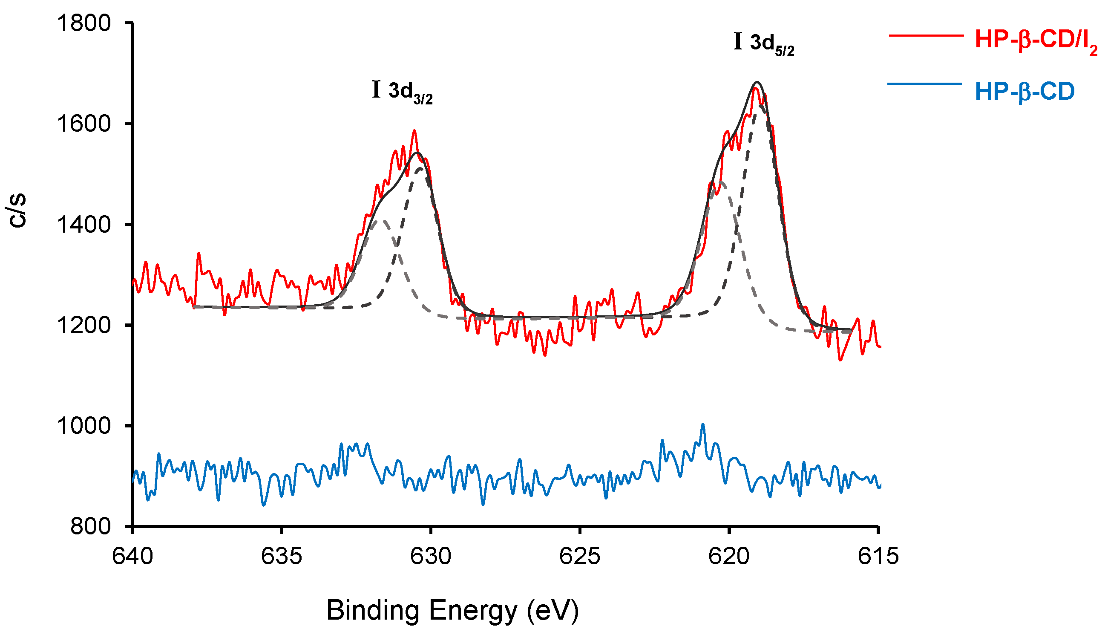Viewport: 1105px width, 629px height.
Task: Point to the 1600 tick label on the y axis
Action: click(84, 124)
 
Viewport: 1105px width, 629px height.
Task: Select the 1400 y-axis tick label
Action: click(84, 225)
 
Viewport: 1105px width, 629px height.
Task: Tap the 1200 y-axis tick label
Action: click(84, 325)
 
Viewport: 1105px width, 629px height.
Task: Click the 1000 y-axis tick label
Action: click(84, 426)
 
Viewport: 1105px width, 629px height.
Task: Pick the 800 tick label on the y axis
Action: click(90, 527)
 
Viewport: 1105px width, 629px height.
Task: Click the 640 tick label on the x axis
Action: click(132, 556)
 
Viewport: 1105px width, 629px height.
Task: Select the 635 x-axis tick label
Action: click(282, 556)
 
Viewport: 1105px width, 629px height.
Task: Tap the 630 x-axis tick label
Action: click(431, 556)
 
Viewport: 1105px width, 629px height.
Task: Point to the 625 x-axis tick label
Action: click(579, 556)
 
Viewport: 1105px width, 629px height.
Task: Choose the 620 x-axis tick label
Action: click(729, 556)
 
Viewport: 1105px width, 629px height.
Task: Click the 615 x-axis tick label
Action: click(878, 556)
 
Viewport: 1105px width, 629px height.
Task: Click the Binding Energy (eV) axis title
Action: click(452, 610)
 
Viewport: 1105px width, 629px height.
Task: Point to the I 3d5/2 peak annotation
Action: click(763, 43)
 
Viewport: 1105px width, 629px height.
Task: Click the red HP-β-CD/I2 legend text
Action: click(1036, 41)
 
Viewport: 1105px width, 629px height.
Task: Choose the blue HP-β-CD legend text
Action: click(1024, 92)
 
